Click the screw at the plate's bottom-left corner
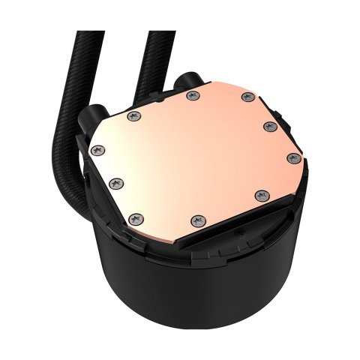(x=136, y=218)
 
